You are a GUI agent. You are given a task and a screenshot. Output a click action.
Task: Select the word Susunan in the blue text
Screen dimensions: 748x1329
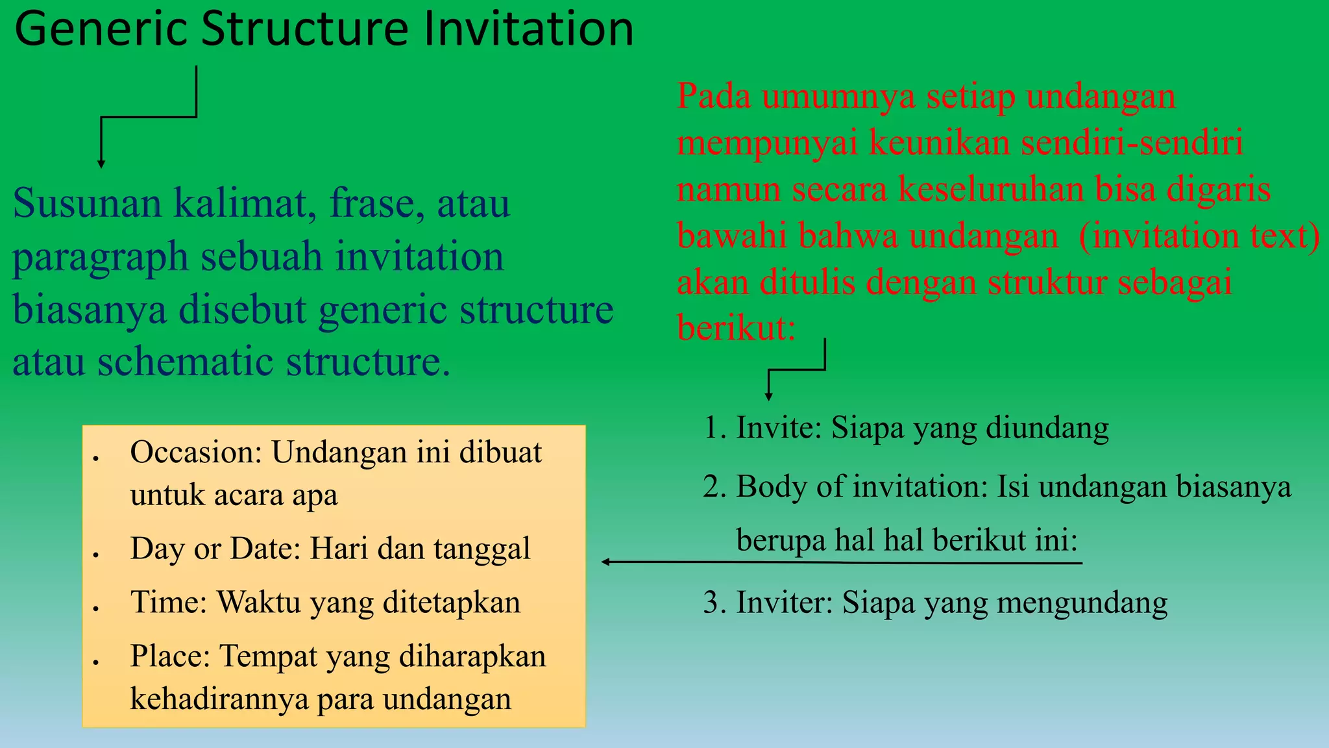pyautogui.click(x=87, y=203)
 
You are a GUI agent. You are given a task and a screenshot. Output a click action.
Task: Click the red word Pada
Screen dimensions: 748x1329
pyautogui.click(x=714, y=96)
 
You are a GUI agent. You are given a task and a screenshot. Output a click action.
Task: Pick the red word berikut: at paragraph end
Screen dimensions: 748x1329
pyautogui.click(x=736, y=327)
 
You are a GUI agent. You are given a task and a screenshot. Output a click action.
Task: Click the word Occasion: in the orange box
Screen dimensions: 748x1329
pyautogui.click(x=196, y=453)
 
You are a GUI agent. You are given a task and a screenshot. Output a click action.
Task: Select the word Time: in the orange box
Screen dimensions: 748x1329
pyautogui.click(x=169, y=603)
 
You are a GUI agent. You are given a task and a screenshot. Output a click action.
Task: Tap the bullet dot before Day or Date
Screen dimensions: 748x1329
pyautogui.click(x=95, y=555)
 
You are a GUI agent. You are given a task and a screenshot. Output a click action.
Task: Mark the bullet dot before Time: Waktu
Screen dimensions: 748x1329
pyautogui.click(x=95, y=608)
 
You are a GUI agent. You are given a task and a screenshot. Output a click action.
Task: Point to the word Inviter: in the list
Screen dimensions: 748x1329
pyautogui.click(x=784, y=603)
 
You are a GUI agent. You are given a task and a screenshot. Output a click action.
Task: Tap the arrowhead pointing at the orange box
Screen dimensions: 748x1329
pyautogui.click(x=605, y=562)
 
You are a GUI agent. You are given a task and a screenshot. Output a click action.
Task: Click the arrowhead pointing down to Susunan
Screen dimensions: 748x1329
pyautogui.click(x=101, y=164)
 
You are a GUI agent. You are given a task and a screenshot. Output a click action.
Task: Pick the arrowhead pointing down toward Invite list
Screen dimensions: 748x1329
pyautogui.click(x=768, y=397)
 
